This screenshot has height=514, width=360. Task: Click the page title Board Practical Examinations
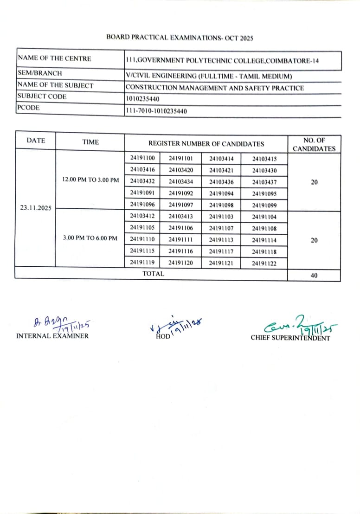click(x=180, y=38)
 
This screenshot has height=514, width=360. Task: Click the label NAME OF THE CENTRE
click(x=54, y=58)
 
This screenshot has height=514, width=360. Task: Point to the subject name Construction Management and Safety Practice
click(x=214, y=87)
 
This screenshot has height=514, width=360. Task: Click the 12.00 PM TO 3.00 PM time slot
click(x=90, y=180)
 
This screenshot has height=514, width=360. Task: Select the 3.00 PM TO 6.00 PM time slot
click(x=90, y=238)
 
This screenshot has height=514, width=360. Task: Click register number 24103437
click(x=264, y=181)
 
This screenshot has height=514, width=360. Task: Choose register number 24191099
click(x=264, y=205)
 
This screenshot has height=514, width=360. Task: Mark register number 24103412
click(x=142, y=216)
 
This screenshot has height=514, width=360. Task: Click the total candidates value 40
click(x=314, y=275)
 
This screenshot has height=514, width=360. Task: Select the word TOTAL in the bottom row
click(x=153, y=274)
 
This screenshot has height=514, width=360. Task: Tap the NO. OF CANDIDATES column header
click(x=314, y=144)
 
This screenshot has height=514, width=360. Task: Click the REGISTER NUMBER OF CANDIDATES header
click(x=206, y=144)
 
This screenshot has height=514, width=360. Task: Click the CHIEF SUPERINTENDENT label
click(x=290, y=338)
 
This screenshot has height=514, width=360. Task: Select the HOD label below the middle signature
click(x=163, y=336)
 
